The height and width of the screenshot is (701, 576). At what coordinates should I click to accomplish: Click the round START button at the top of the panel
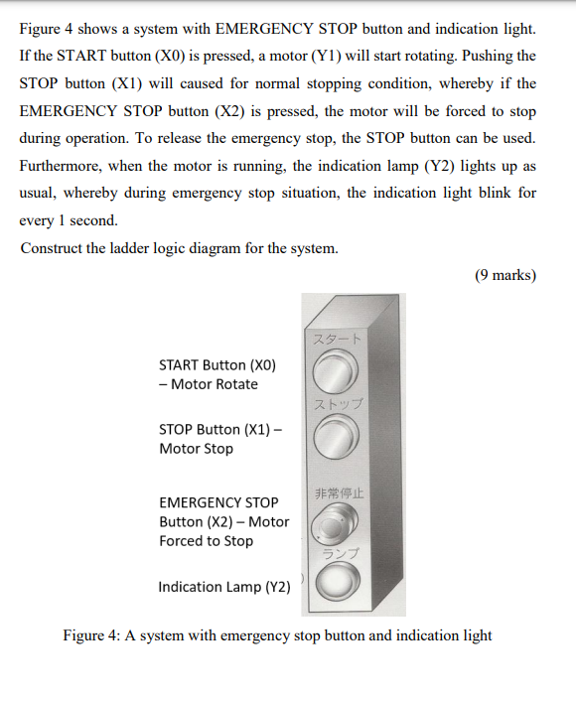coord(333,374)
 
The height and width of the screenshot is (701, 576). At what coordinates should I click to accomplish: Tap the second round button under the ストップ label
coord(335,434)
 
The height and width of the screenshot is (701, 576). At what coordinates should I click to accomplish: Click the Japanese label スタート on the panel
coord(337,340)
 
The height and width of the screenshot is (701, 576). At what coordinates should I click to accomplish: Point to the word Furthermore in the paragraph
coord(62,165)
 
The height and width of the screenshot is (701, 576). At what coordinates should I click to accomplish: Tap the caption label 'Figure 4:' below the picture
coord(91,635)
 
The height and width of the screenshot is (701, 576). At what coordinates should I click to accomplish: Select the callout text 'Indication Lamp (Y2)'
coord(224,587)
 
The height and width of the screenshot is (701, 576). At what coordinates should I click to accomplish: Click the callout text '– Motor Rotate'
coord(209,384)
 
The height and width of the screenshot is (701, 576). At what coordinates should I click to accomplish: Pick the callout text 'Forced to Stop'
coord(206,541)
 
